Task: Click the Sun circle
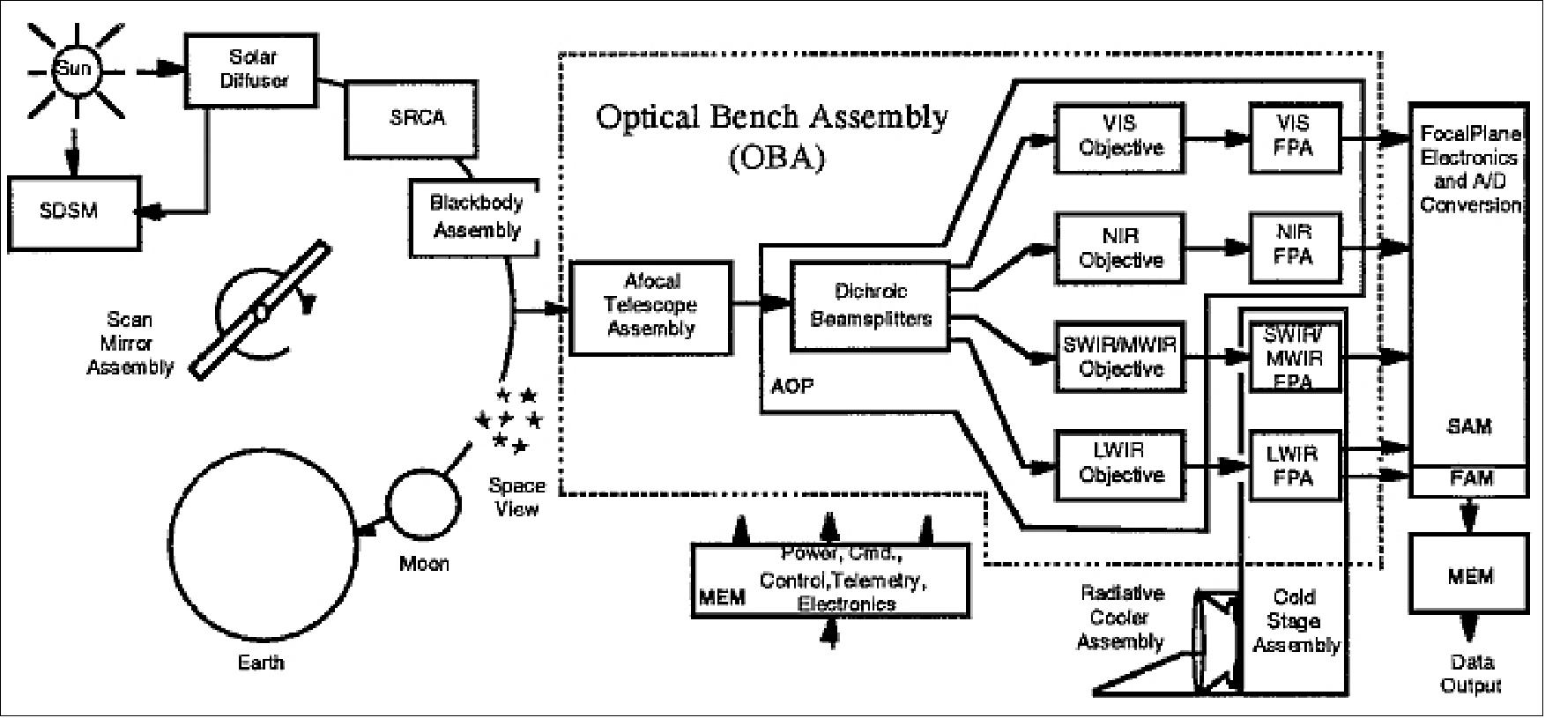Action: [74, 68]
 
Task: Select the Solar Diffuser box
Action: [252, 69]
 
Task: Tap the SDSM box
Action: [69, 211]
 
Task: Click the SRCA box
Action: [417, 118]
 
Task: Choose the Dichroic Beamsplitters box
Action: [870, 306]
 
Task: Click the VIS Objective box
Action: [1120, 136]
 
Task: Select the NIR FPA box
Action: [1294, 246]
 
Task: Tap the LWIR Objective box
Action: [1120, 463]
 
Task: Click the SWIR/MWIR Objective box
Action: [1120, 356]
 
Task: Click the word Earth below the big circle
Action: [261, 662]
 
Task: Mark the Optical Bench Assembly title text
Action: [772, 118]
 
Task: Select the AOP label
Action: [792, 386]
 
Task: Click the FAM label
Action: [1471, 479]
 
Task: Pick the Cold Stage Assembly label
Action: [1295, 621]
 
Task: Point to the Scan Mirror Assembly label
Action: [130, 344]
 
